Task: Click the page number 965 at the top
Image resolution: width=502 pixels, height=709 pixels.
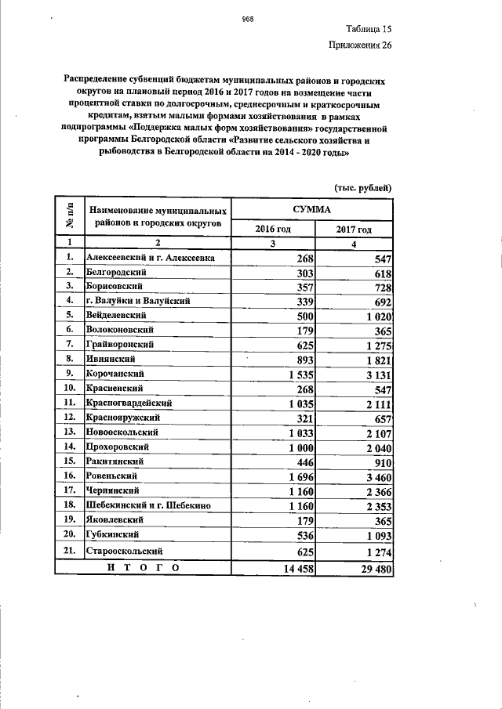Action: point(250,18)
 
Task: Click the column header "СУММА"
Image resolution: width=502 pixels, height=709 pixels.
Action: point(312,209)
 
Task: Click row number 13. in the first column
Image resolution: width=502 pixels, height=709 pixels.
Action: point(69,432)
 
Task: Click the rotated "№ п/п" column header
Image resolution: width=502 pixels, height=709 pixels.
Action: point(69,217)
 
